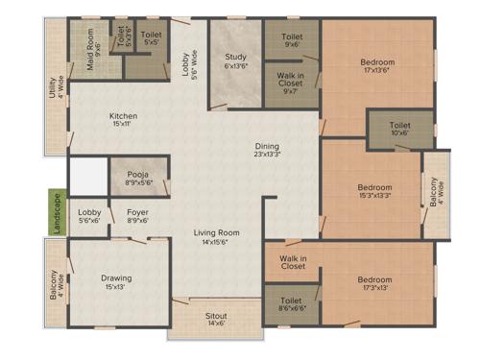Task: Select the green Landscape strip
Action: click(58, 209)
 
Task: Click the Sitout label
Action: click(216, 319)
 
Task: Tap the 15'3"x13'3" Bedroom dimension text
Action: click(373, 195)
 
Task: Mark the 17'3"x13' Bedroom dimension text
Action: click(374, 287)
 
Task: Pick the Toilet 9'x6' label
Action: click(292, 39)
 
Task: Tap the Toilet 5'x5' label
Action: click(152, 38)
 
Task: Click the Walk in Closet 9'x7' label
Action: click(292, 84)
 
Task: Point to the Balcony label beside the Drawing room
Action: click(58, 284)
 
